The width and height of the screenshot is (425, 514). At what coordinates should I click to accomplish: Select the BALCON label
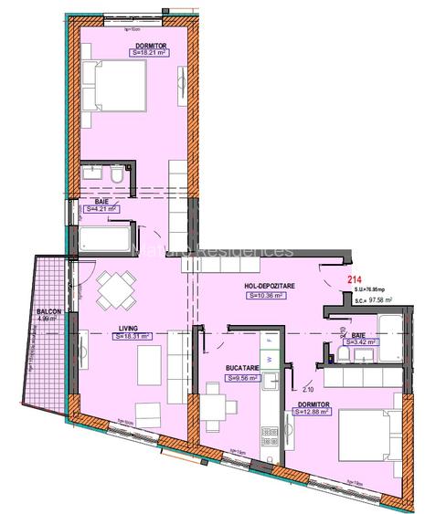pyautogui.click(x=49, y=312)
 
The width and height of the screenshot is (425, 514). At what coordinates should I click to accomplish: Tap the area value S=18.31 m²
pyautogui.click(x=132, y=336)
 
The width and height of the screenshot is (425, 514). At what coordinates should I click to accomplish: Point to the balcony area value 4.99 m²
pyautogui.click(x=49, y=320)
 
